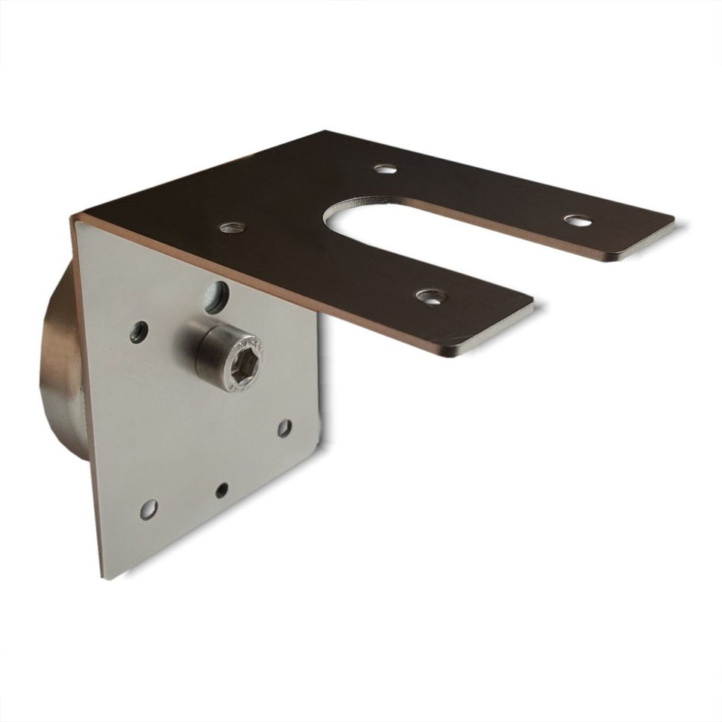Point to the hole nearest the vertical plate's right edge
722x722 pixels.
[x=284, y=428]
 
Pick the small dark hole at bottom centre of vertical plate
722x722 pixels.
[x=222, y=490]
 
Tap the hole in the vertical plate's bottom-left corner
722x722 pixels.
[x=148, y=509]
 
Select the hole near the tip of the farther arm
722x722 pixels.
[x=577, y=221]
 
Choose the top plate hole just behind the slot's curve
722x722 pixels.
[x=385, y=169]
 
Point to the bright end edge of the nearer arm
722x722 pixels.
[x=489, y=333]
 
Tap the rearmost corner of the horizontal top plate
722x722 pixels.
[x=325, y=132]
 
